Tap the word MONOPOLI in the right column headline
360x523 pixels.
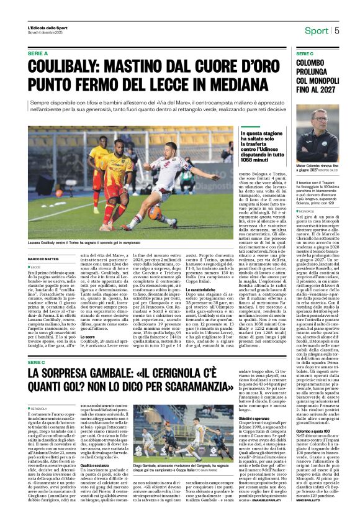coord(324,81)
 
